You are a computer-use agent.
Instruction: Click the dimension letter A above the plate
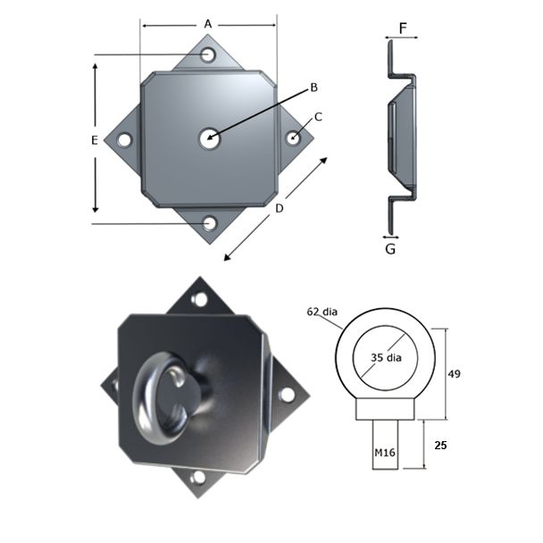tap(208, 23)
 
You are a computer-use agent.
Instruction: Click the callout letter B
tap(313, 87)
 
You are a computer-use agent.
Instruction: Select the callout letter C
tap(318, 116)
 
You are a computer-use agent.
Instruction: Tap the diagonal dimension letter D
tap(280, 208)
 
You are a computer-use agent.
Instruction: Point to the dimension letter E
tap(95, 139)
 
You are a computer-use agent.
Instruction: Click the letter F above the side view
tap(403, 29)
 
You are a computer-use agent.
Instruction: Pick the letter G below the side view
tap(390, 249)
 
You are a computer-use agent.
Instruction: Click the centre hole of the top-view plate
tap(209, 138)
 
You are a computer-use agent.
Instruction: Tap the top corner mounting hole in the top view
tap(208, 55)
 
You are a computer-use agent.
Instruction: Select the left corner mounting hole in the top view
tap(124, 139)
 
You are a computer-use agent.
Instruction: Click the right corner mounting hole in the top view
tap(293, 138)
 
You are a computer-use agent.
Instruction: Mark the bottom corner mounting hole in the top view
tap(209, 222)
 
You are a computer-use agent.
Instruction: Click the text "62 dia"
tap(322, 312)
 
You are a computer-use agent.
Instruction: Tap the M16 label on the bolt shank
tap(384, 454)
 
